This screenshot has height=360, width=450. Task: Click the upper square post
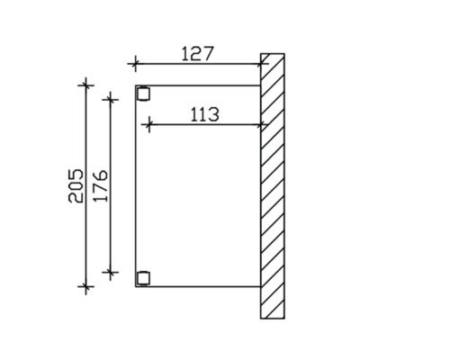click(143, 93)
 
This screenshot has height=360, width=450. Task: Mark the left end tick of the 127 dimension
click(135, 64)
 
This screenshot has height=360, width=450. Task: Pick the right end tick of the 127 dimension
click(261, 64)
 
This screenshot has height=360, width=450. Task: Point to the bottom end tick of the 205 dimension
click(86, 287)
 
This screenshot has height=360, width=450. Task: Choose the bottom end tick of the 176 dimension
click(111, 273)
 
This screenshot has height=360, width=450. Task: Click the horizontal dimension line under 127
click(198, 64)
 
